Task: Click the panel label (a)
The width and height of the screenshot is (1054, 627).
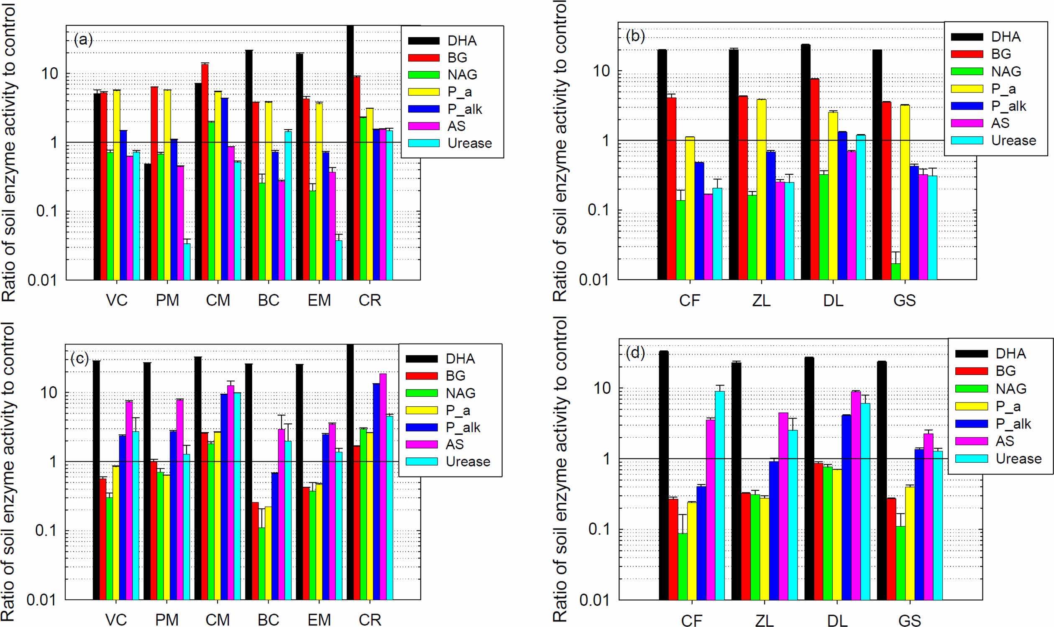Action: point(83,40)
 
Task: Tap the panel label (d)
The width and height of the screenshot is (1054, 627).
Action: point(635,353)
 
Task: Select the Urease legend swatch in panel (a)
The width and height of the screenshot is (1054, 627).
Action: point(424,143)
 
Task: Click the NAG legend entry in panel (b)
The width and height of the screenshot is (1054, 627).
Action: point(1006,71)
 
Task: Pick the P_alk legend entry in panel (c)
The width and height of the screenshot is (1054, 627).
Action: point(463,428)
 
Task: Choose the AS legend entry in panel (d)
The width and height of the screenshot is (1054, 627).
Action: point(1005,441)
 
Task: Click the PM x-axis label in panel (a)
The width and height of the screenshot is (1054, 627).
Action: point(167,301)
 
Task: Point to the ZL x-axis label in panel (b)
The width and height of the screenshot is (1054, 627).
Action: point(761,301)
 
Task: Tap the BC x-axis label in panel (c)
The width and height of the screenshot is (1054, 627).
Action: point(268,619)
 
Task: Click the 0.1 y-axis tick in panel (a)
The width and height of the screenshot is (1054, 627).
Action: point(46,211)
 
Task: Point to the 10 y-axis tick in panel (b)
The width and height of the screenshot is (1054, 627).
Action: point(601,71)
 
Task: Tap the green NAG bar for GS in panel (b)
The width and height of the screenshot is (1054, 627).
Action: point(895,271)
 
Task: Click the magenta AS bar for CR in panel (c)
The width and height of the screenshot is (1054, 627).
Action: point(383,486)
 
